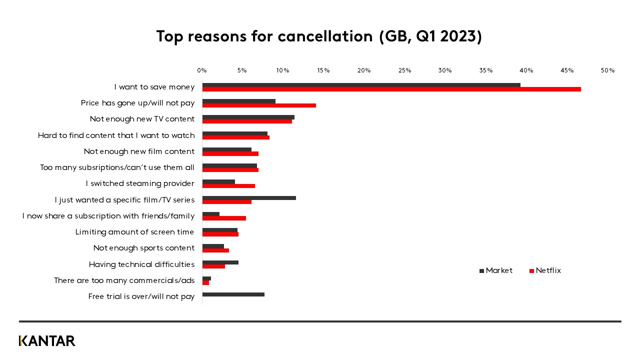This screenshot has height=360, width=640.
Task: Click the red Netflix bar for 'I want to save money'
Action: [x=391, y=89]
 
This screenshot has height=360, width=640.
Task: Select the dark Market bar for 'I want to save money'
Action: [x=361, y=85]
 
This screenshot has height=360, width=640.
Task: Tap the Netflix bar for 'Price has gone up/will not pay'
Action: [x=259, y=105]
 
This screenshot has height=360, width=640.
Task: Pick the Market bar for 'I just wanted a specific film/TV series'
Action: [x=249, y=198]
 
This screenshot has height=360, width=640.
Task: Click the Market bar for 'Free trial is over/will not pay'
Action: [x=233, y=294]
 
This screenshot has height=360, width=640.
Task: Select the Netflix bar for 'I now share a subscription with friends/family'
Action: [x=224, y=218]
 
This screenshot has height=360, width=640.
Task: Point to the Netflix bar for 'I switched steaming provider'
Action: [x=228, y=186]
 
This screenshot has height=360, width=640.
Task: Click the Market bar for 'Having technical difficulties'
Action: [x=220, y=262]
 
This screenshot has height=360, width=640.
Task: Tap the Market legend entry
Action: [x=496, y=270]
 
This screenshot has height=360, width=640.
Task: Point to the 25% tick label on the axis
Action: [x=404, y=70]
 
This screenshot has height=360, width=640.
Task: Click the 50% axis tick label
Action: [x=607, y=70]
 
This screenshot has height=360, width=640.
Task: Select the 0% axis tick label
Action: [x=202, y=70]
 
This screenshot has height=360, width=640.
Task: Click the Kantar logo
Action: [x=47, y=341]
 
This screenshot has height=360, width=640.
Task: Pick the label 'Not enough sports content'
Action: [x=144, y=248]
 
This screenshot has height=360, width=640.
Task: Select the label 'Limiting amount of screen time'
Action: [x=134, y=232]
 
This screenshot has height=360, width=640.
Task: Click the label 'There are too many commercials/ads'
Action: [x=124, y=280]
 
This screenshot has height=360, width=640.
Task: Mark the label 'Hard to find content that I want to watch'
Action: [x=116, y=135]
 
